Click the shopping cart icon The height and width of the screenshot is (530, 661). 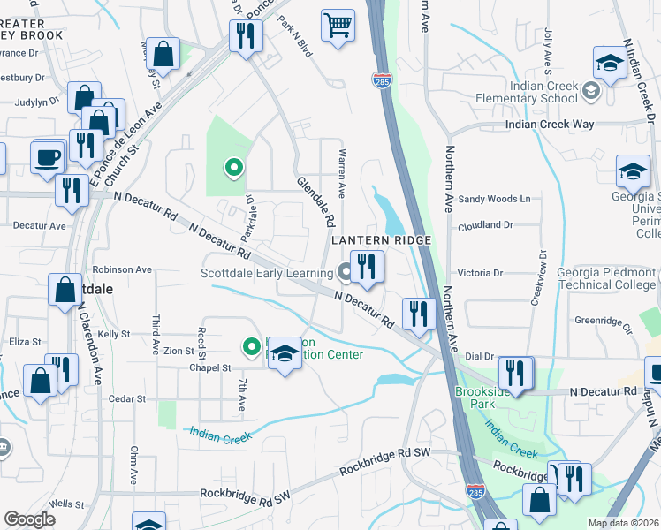[338, 26]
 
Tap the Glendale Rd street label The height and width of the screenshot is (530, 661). [315, 200]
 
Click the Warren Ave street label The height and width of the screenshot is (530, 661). [340, 173]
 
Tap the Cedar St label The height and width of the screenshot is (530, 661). [127, 399]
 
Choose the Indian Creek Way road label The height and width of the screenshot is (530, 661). [550, 125]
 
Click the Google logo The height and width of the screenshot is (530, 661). [29, 519]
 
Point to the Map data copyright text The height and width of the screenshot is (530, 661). [622, 523]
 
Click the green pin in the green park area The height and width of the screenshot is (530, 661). [233, 165]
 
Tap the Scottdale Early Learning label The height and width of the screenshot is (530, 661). [266, 273]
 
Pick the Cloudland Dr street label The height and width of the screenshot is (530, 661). [485, 226]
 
